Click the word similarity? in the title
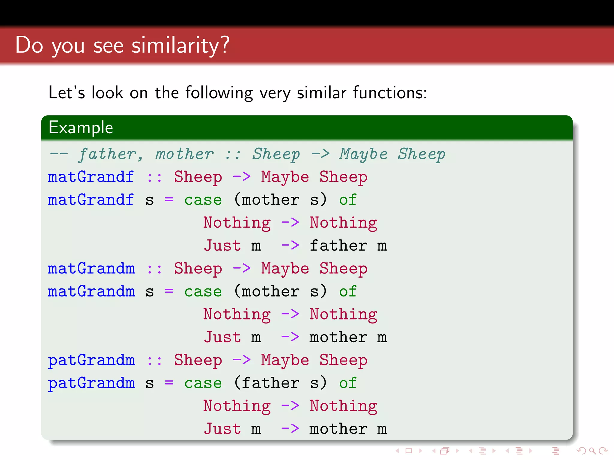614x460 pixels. click(180, 45)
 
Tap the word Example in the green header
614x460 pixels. click(81, 128)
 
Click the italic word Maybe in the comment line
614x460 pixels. click(363, 155)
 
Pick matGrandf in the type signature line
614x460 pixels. click(91, 177)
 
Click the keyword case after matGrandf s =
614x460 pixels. click(203, 200)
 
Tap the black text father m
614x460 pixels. click(348, 246)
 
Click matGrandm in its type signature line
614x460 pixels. click(91, 268)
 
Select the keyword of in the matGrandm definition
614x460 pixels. click(347, 291)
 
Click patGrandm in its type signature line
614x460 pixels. click(91, 360)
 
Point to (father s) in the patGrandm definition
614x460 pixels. click(280, 383)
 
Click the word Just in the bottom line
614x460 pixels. click(222, 429)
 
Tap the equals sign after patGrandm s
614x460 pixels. click(169, 383)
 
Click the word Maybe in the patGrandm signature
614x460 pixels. click(285, 360)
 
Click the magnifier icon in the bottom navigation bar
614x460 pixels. click(592, 450)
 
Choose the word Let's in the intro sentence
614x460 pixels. click(67, 93)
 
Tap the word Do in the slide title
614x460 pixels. click(29, 45)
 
